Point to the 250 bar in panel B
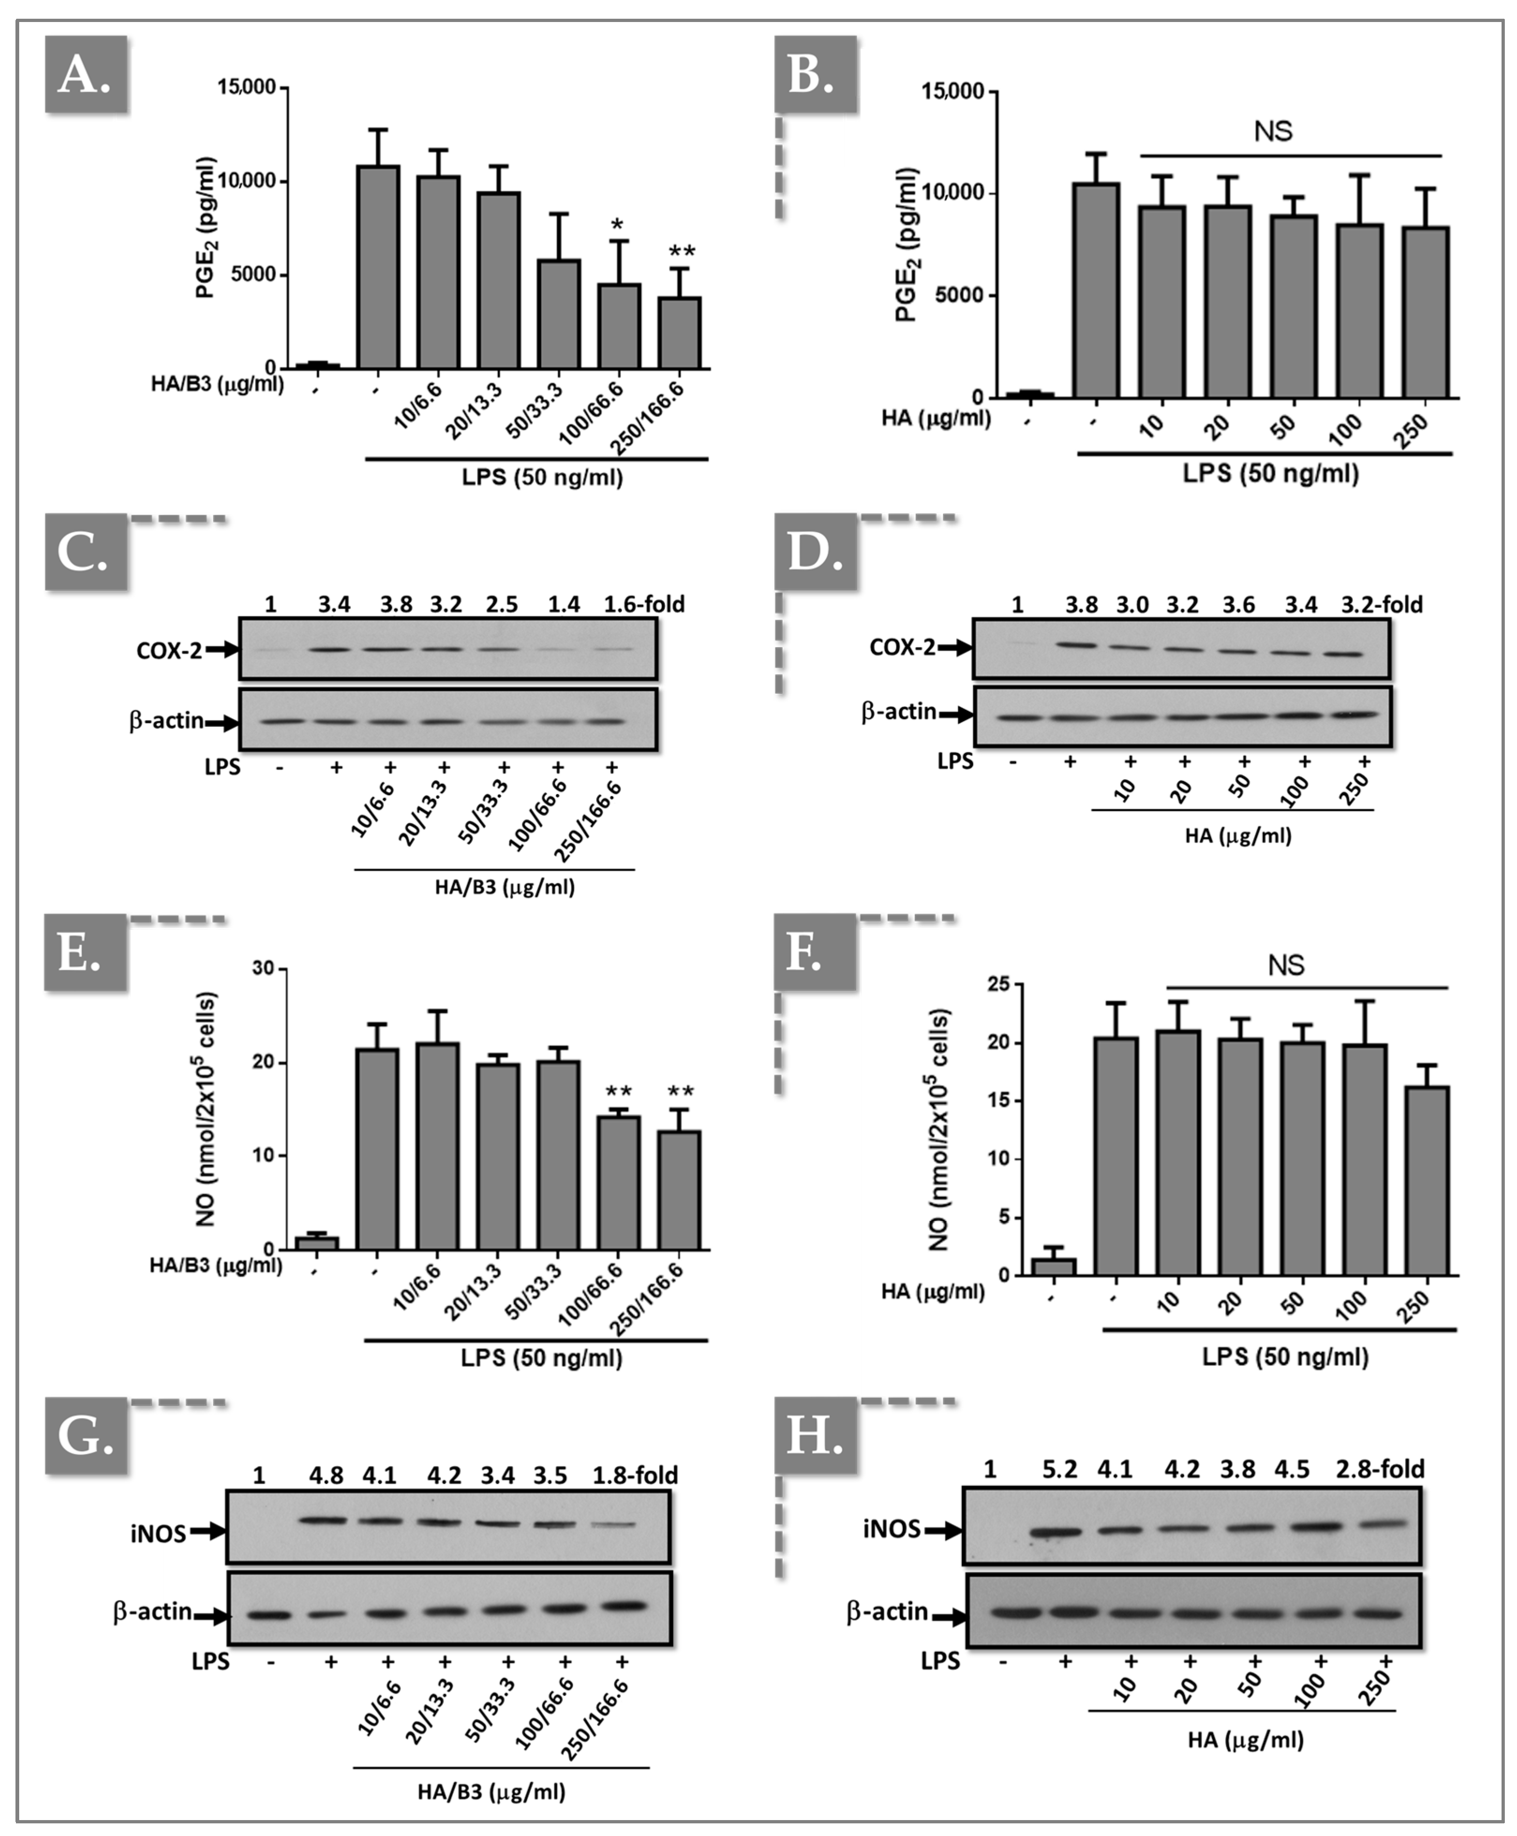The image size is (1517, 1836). pos(1425,312)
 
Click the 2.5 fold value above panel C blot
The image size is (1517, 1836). pos(502,604)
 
